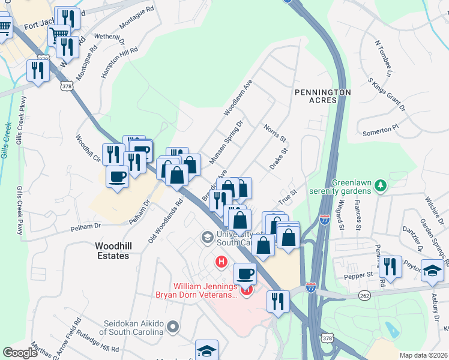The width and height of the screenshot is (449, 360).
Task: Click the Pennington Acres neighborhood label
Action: (322, 96)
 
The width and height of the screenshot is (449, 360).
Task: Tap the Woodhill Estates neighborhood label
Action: (112, 251)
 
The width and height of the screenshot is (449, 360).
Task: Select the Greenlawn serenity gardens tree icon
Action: (379, 187)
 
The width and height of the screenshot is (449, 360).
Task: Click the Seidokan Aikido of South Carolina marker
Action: (173, 327)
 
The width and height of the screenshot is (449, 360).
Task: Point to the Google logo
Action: (20, 353)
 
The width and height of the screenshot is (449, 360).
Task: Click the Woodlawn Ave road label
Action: (238, 97)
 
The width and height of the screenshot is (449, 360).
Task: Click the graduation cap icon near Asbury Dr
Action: (432, 270)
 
